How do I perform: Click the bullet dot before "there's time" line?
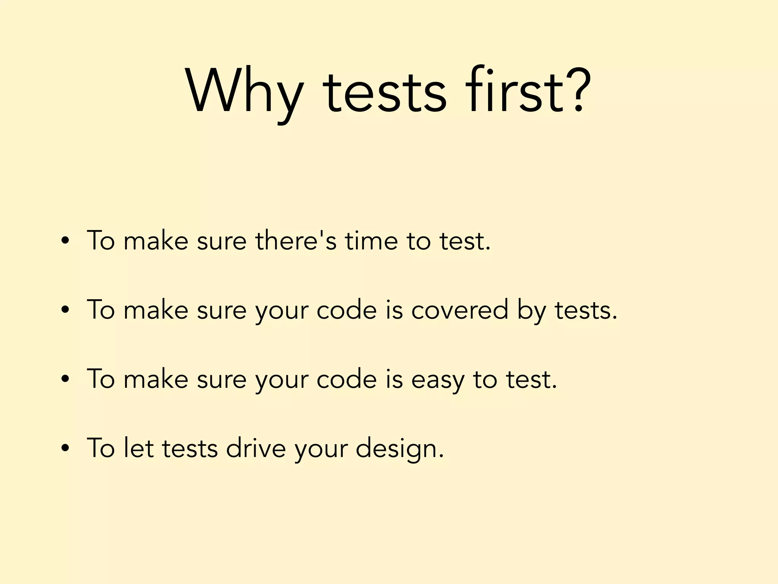tap(65, 241)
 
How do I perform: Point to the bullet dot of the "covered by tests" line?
tap(65, 310)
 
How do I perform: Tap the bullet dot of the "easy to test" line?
tap(65, 379)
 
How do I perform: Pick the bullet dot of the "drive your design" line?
tap(65, 448)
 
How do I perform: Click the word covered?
tap(460, 310)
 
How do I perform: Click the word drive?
tap(256, 448)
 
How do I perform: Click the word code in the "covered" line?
tap(346, 310)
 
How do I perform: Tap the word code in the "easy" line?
tap(346, 379)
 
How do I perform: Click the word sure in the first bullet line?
tap(222, 241)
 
